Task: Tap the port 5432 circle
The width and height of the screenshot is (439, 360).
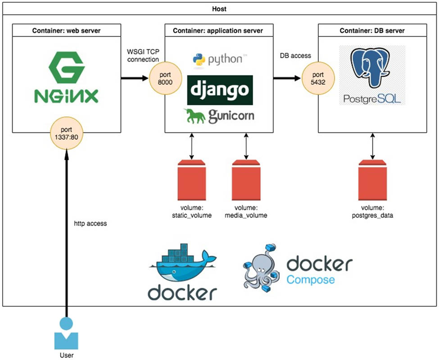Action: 318,78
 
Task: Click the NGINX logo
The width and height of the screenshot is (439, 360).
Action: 66,77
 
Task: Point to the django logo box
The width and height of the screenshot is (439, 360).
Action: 220,90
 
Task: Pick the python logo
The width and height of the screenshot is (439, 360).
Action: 220,59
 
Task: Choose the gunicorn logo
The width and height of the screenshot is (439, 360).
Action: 219,116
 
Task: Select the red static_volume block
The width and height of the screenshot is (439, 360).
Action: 192,180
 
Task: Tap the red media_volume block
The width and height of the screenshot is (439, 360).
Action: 246,180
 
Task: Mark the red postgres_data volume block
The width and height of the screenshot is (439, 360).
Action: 372,180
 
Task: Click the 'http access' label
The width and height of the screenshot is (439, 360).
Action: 91,223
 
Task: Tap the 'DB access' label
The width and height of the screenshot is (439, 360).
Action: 295,56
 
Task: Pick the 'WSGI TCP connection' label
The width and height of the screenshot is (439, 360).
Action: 143,56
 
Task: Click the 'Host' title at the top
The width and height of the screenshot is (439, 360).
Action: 220,9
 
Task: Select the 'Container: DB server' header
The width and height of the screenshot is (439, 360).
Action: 372,31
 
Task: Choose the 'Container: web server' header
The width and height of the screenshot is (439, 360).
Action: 66,31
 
